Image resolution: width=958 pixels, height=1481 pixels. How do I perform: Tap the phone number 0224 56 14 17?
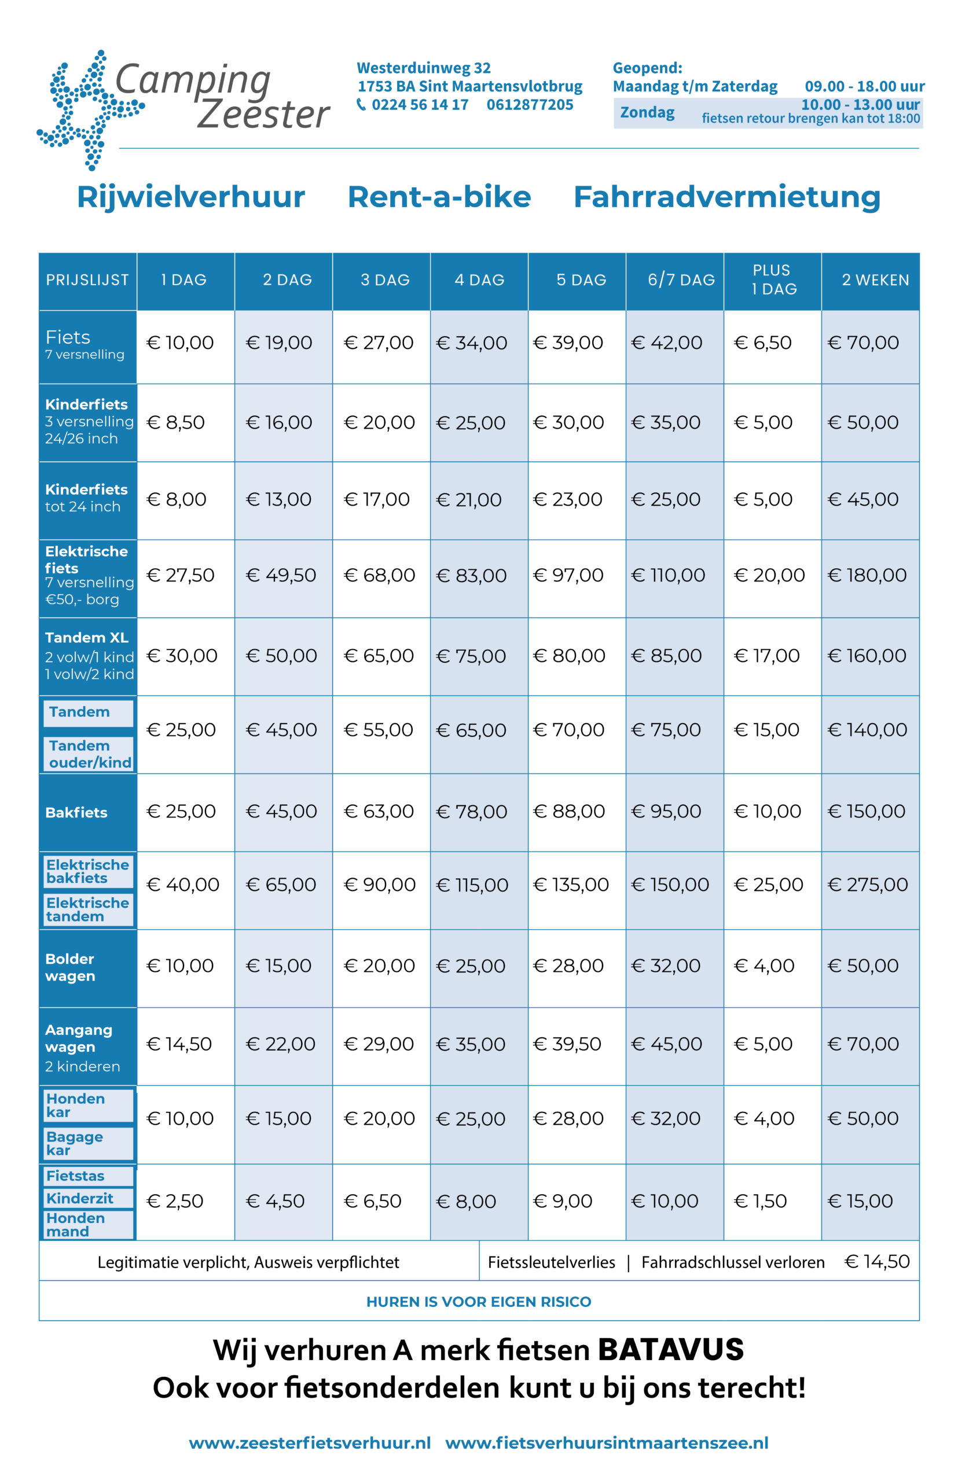(420, 105)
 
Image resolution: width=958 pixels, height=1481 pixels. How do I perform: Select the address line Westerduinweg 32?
(424, 68)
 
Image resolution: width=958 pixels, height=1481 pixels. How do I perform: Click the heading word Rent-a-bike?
(439, 197)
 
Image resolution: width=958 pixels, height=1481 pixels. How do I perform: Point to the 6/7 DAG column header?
(681, 280)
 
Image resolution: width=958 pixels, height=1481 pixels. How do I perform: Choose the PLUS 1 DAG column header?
(772, 280)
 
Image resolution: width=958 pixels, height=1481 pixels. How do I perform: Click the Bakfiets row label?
(76, 813)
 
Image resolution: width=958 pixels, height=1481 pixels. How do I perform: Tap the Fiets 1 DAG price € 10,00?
(180, 342)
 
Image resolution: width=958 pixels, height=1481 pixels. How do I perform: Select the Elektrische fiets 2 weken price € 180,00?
(867, 575)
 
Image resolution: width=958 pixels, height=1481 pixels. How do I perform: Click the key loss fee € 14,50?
(877, 1262)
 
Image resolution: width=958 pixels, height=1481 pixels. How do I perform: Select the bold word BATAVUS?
(670, 1350)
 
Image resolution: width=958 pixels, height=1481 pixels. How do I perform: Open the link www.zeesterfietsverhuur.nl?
(310, 1443)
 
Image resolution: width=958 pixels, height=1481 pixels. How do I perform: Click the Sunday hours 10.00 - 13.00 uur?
(860, 105)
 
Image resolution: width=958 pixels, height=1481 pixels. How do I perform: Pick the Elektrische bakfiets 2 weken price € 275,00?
(868, 885)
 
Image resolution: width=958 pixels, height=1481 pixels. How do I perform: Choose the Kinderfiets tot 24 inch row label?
(86, 498)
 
